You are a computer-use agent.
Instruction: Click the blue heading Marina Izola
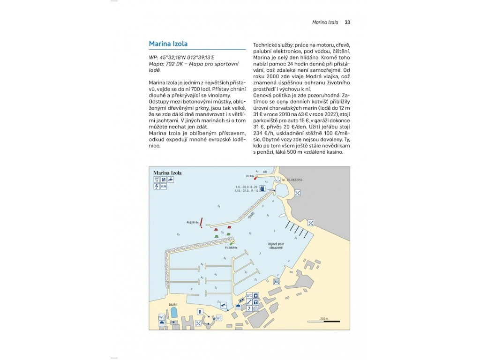(168, 44)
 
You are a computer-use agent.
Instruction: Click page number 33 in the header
(347, 22)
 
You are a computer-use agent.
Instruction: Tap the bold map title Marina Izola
(167, 173)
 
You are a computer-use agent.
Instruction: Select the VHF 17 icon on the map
(156, 180)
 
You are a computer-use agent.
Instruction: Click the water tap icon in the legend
(171, 180)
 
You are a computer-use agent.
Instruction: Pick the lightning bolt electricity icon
(156, 187)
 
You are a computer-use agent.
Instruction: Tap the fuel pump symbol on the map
(262, 188)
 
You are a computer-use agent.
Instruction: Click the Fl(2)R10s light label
(193, 223)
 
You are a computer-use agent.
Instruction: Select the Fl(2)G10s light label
(231, 247)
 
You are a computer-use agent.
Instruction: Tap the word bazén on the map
(173, 304)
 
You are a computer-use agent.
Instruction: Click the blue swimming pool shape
(174, 312)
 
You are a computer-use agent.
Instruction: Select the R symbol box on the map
(200, 311)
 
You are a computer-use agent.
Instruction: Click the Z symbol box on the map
(249, 308)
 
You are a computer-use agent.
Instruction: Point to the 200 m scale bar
(324, 321)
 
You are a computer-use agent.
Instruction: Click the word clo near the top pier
(265, 172)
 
